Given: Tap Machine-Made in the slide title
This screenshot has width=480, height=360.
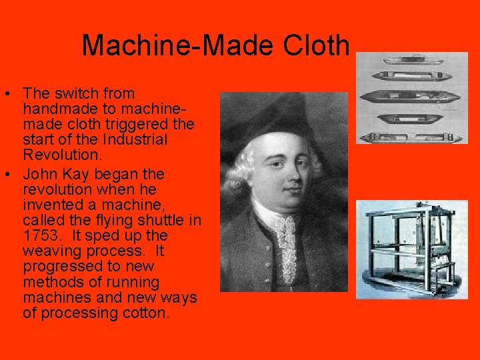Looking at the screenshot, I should click(x=170, y=45).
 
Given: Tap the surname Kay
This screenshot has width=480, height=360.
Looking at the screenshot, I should click(x=81, y=174).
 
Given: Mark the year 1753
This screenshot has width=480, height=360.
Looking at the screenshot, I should click(x=40, y=235).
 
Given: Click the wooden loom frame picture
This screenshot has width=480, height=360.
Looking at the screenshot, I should click(x=411, y=248).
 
